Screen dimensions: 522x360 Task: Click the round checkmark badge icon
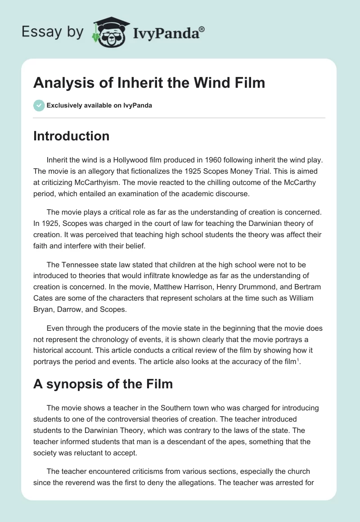click(39, 106)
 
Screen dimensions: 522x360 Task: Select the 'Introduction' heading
click(71, 136)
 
